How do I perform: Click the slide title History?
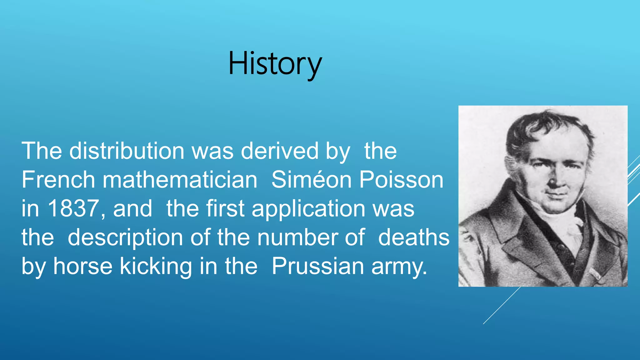275,64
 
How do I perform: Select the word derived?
279,151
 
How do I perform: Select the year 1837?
73,208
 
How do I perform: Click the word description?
125,238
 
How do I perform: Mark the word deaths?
414,237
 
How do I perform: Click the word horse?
83,266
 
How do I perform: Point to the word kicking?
156,267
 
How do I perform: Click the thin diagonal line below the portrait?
501,306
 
